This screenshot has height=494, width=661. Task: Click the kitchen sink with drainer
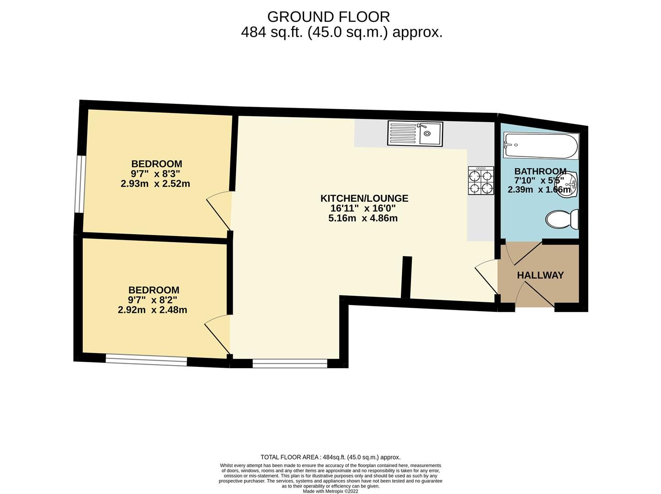pos(415,134)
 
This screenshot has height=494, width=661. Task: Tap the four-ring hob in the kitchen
pos(480,180)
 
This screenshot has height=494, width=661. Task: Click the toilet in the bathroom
pos(562,219)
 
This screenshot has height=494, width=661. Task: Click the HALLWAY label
pos(540,275)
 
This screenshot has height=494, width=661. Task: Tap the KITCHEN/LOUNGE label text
pos(364,198)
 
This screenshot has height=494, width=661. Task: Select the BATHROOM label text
pos(540,171)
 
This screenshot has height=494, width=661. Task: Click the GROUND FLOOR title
pos(329,17)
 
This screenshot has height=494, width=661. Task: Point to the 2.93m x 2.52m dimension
pos(155,183)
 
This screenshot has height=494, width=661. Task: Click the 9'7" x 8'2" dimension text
pos(152,300)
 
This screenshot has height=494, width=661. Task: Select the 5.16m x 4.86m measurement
pos(363,218)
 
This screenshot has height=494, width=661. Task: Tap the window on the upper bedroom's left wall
pos(80,184)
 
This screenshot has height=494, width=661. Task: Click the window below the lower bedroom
pos(146,360)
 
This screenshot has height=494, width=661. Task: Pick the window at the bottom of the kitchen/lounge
pos(290,364)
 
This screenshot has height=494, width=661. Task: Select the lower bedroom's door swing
pos(218,335)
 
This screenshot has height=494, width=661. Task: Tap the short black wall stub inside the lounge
pos(406,277)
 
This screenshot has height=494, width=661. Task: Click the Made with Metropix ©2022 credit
pos(330,491)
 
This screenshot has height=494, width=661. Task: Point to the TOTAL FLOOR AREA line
pos(330,457)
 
